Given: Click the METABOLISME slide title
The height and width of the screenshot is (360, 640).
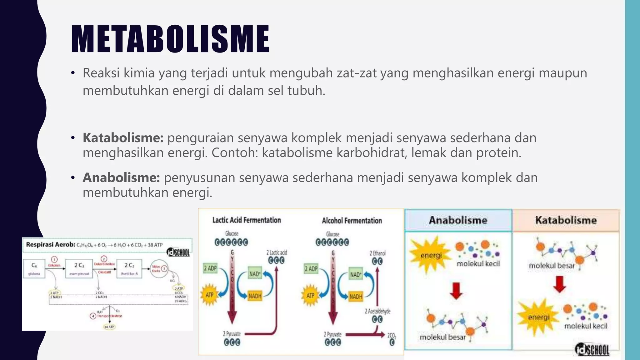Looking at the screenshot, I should coord(170,39).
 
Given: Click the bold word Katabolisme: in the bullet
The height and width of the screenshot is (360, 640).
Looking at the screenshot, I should coord(123,138).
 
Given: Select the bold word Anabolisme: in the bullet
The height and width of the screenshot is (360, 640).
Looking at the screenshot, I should coord(121,178).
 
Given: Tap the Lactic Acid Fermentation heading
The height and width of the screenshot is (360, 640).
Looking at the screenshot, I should coord(247,220).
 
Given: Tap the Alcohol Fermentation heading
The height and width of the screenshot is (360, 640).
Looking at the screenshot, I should coord(352,221).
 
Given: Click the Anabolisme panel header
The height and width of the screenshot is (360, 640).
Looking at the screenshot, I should coord(458,220).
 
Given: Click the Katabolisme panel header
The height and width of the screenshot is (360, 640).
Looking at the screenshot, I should coord(566,220).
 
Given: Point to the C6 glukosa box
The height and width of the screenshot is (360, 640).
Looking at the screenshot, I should coord(34,268).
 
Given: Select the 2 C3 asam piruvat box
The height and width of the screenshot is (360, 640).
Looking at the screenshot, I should coord(79,268).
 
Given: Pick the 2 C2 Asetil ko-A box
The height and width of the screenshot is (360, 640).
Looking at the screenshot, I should coord(129,268).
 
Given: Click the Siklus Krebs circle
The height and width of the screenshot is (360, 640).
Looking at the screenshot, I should coord(159,268).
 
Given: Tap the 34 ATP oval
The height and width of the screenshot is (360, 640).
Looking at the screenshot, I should coord(109,327).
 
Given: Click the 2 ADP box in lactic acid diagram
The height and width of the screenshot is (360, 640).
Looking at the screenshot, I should coord(210,268).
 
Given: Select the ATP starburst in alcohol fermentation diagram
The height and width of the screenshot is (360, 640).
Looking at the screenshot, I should coord(310,295).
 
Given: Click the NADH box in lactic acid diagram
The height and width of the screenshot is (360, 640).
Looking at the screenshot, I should coord(255,296).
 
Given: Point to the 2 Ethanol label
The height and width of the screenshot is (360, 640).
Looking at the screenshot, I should coord(377,253).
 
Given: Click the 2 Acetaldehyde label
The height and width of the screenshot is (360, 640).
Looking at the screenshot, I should coord(377,311).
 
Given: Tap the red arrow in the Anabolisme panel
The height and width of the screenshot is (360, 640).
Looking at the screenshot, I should coord(456,291).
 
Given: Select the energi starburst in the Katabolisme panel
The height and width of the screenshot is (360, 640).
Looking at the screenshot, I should coord(538,317).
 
